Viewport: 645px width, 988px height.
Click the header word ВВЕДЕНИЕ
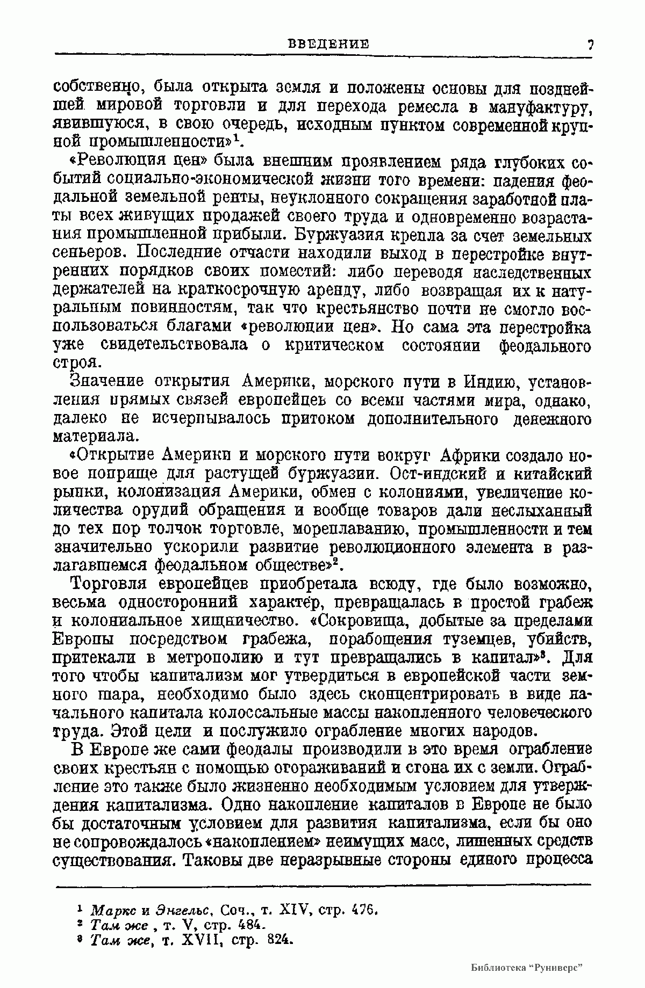click(x=329, y=43)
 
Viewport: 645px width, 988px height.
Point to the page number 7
click(x=590, y=45)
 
